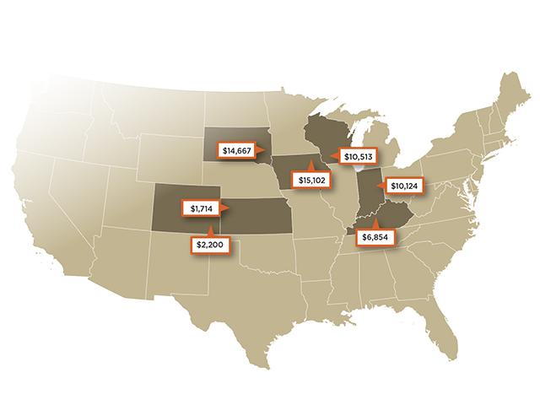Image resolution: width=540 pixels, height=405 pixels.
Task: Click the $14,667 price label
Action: [x=239, y=151]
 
